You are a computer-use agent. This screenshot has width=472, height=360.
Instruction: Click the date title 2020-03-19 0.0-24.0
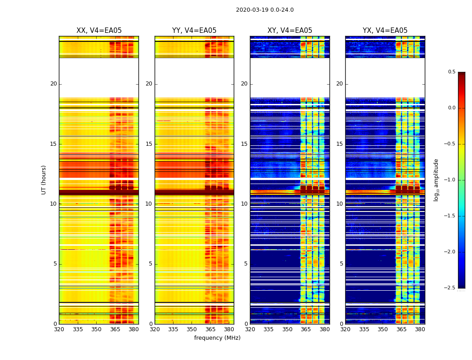[x=264, y=10]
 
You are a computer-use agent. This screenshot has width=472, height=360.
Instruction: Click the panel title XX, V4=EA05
[x=99, y=31]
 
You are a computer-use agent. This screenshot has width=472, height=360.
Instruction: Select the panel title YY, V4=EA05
[x=194, y=31]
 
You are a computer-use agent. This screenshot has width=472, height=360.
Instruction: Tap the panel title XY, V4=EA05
[x=289, y=31]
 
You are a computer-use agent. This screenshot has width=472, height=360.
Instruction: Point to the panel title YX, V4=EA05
[x=385, y=31]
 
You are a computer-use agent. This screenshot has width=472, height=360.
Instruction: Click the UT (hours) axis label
[x=44, y=180]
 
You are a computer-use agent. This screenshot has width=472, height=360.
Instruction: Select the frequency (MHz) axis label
[x=217, y=338]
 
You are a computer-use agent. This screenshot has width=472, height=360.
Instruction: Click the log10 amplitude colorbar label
[x=436, y=180]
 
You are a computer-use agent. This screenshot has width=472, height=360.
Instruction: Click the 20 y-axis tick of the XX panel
[x=53, y=84]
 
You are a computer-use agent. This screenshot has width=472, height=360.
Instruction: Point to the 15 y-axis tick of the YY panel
[x=149, y=144]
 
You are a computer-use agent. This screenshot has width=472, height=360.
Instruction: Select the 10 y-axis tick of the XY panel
[x=244, y=204]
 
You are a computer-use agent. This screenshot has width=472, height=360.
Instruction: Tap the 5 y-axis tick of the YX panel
[x=341, y=264]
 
